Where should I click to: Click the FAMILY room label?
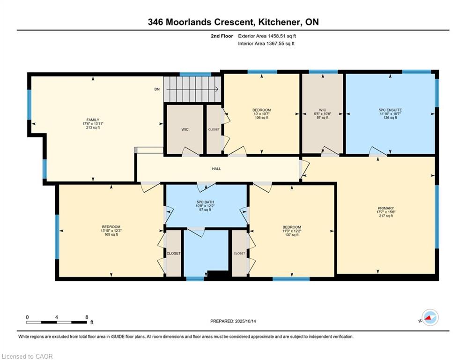click(x=93, y=120)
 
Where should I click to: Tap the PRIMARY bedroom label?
click(x=386, y=208)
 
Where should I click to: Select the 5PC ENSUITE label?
click(x=390, y=110)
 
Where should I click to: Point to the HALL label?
click(x=216, y=169)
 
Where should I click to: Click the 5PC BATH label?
click(x=205, y=202)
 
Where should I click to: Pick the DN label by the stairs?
click(x=157, y=89)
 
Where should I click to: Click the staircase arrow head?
click(x=217, y=89)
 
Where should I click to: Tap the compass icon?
click(x=430, y=317)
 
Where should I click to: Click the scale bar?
click(x=57, y=322)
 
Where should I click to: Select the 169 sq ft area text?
click(x=111, y=234)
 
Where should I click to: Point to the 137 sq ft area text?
click(x=292, y=235)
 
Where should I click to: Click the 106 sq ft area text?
click(x=261, y=118)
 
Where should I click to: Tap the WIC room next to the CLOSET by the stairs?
click(x=185, y=129)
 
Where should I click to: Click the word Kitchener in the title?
click(x=278, y=22)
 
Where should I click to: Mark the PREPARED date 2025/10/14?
click(x=245, y=321)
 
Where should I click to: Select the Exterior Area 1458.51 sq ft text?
click(x=267, y=36)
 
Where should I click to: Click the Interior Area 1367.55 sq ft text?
click(x=266, y=44)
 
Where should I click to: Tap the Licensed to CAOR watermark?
click(x=27, y=356)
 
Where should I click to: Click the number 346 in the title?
click(x=155, y=22)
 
